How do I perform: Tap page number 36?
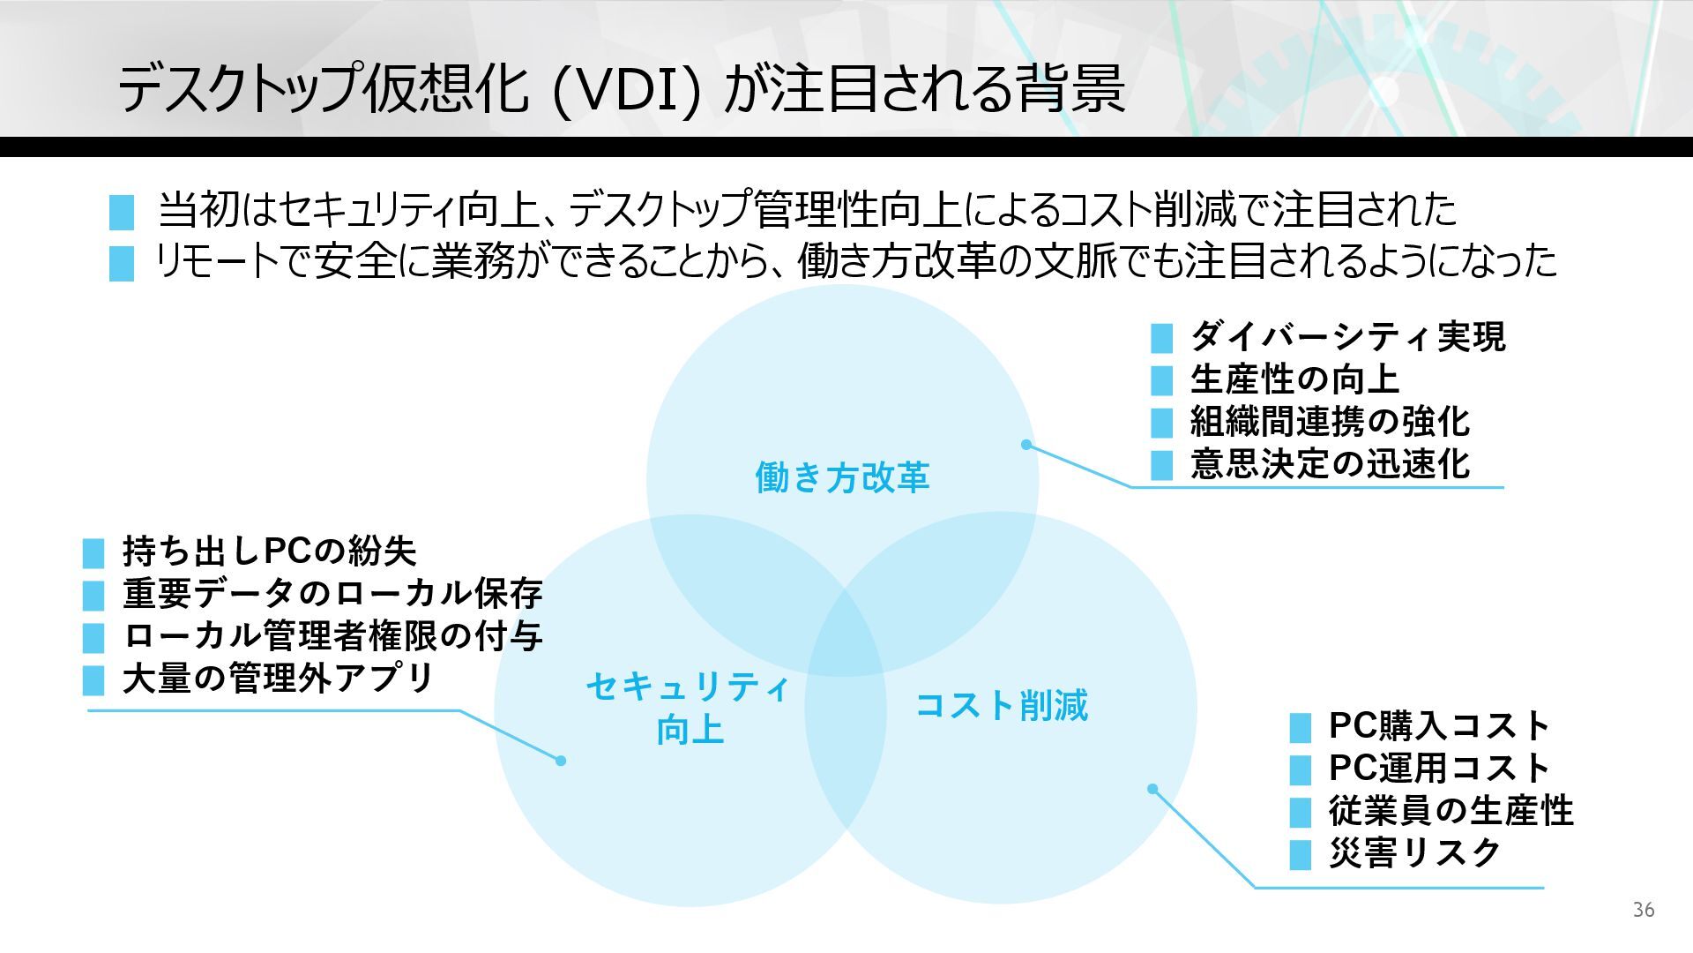coord(1644,910)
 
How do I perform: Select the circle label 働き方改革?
coord(842,477)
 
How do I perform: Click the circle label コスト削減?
coord(1002,705)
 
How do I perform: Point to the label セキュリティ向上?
coord(689,708)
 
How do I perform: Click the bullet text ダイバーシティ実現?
coord(1347,336)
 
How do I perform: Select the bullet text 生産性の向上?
coord(1294,379)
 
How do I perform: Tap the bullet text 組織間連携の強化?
coord(1330,421)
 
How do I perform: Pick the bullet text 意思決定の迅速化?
coord(1330,463)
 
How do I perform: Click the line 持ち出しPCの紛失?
coord(269,551)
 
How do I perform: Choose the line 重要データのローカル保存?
coord(332,593)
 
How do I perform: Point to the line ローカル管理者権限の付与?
coord(332,635)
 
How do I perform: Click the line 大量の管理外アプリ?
coord(278,678)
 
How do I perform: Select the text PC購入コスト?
coord(1439,725)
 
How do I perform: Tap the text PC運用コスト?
coord(1439,768)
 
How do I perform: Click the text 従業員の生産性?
coord(1451,810)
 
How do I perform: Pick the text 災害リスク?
coord(1414,852)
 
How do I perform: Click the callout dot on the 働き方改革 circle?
coord(1026,445)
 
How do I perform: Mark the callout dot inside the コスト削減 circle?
coord(1152,789)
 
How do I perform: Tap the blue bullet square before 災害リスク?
coord(1300,855)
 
